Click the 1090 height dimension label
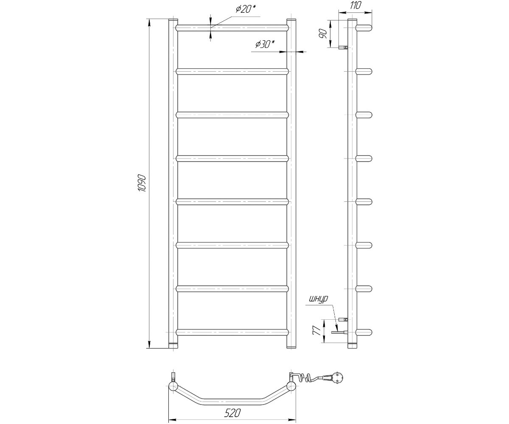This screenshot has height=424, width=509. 142,183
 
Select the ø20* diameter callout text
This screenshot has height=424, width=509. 246,9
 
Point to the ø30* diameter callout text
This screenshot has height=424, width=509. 265,45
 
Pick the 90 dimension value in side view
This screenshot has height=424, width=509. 323,33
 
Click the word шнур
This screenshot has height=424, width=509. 319,299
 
